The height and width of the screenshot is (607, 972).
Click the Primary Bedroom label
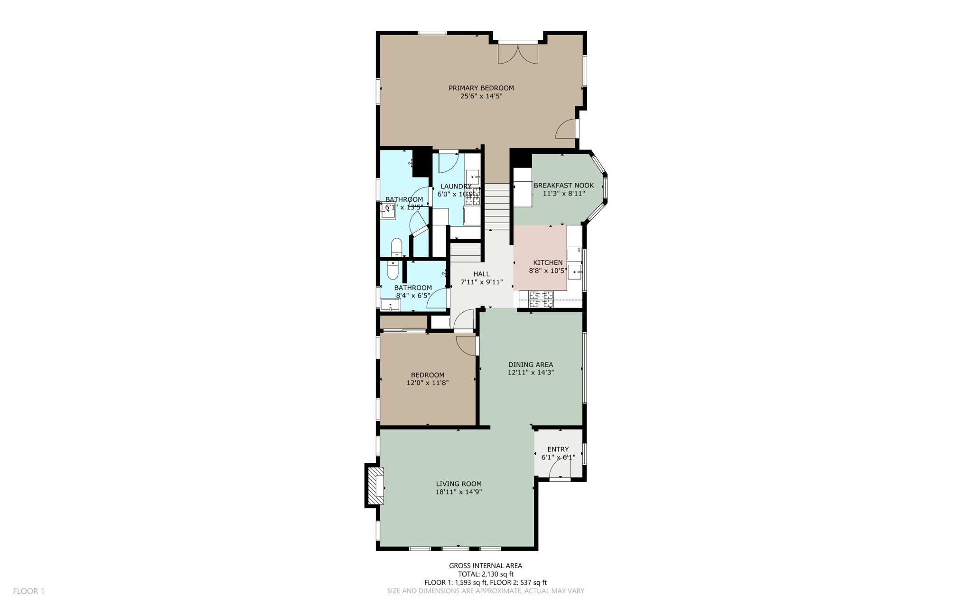click(x=481, y=88)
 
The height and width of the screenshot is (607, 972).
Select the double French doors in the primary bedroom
click(x=518, y=53)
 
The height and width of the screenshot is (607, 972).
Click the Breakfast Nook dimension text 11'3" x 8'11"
click(x=563, y=194)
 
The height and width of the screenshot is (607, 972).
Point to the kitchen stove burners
click(x=541, y=299)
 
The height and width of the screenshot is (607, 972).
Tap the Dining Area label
click(x=531, y=364)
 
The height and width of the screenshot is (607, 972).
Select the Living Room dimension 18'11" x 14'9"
click(x=458, y=492)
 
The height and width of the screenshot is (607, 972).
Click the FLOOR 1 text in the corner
click(x=28, y=591)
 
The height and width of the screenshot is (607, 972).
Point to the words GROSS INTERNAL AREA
click(x=486, y=565)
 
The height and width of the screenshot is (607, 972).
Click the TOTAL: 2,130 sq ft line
click(x=486, y=574)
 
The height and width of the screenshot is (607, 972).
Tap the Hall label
click(x=481, y=274)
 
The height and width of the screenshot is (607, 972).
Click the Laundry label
click(x=456, y=187)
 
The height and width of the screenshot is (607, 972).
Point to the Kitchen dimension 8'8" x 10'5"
click(x=548, y=271)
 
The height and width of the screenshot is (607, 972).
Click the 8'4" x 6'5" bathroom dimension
click(x=413, y=295)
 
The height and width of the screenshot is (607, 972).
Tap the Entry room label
click(x=558, y=449)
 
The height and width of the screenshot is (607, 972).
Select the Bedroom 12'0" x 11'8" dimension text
click(x=427, y=383)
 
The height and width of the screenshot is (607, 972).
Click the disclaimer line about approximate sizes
click(x=486, y=591)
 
